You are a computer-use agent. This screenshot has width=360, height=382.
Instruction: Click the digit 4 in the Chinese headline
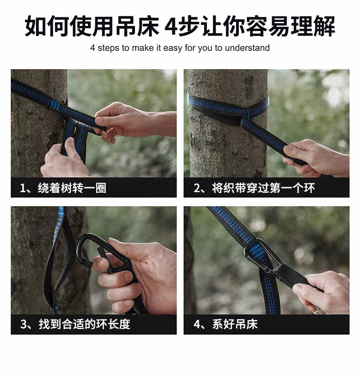coord(171,26)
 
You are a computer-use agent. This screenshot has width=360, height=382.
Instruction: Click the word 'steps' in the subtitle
coord(109,48)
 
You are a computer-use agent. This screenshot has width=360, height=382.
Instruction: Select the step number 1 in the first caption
coord(23,188)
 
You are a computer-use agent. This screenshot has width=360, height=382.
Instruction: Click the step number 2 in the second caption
coord(197,188)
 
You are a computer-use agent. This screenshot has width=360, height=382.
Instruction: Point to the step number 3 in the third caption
coord(23,325)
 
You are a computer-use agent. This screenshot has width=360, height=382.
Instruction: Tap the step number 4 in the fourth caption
coord(197,325)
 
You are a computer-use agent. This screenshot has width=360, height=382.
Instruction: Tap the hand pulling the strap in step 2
coord(316,158)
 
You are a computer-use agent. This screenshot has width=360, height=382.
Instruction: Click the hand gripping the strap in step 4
coord(322,292)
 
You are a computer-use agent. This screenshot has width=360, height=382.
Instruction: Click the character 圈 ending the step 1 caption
coord(101,188)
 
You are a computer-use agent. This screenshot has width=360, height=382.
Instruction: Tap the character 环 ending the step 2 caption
coord(309,188)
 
